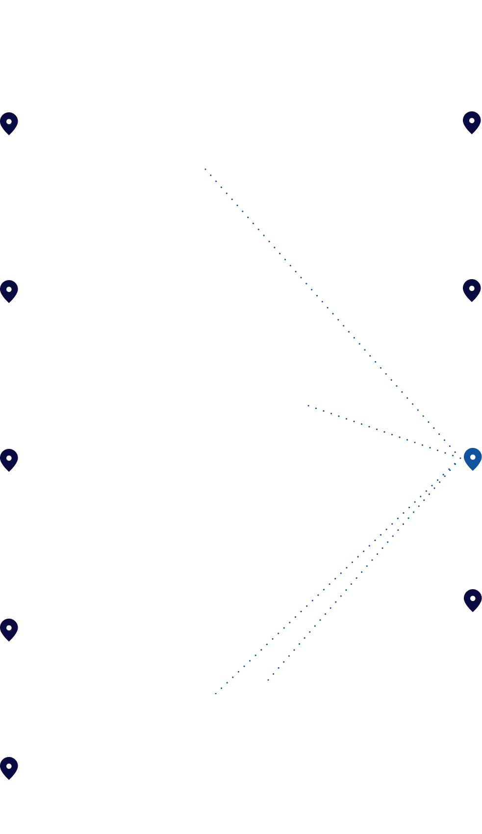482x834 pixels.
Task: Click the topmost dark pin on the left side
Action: [9, 123]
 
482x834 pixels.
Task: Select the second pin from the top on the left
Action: [9, 291]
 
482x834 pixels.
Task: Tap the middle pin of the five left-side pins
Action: [9, 460]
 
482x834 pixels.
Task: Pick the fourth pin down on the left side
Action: [9, 629]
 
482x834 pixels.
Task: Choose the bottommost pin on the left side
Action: [9, 768]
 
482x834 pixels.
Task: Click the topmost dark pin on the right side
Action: [472, 122]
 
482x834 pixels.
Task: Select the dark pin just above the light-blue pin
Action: [472, 290]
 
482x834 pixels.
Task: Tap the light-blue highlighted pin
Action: [473, 459]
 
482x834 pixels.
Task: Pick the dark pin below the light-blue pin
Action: [473, 600]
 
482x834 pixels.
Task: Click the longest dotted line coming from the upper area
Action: [329, 309]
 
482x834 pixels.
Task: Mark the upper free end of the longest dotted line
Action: [205, 169]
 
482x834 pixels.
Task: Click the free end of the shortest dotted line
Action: [308, 405]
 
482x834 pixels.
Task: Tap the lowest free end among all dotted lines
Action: [215, 694]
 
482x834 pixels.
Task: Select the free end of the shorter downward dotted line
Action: [268, 680]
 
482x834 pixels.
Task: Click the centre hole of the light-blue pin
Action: [473, 457]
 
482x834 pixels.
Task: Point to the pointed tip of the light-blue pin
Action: [473, 470]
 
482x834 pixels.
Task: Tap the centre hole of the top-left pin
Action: [9, 121]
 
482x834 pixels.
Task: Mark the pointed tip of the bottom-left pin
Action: [9, 780]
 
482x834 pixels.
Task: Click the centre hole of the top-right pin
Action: [472, 120]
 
